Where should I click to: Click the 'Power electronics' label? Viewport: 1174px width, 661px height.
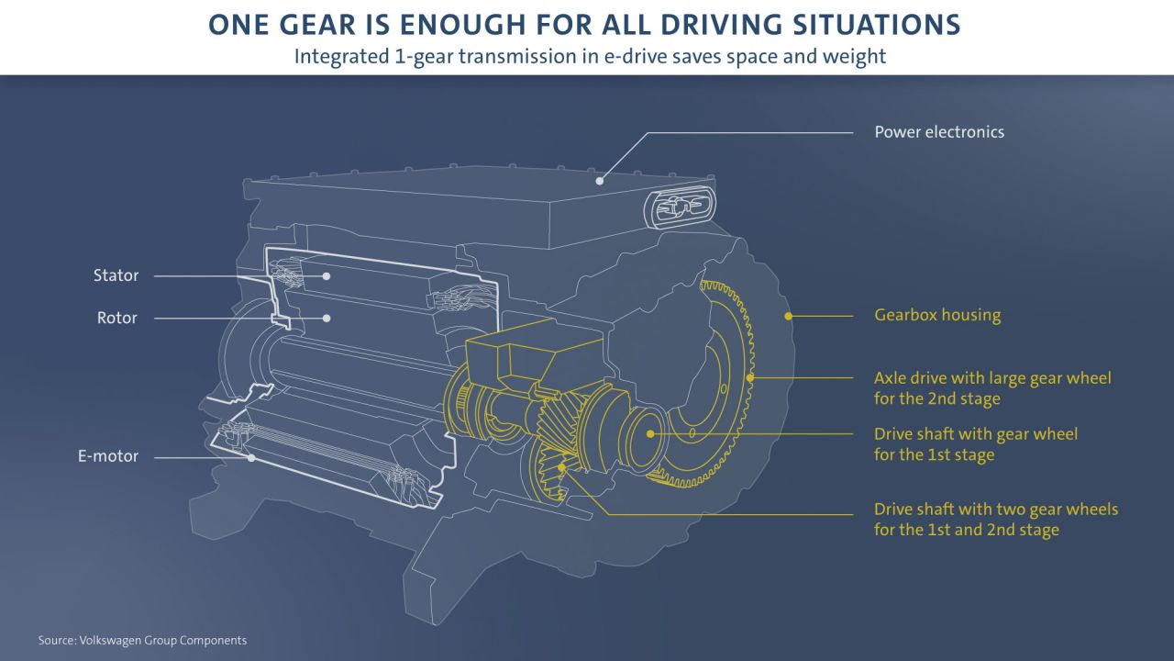coord(938,132)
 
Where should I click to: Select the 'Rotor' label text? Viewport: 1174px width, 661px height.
coord(116,319)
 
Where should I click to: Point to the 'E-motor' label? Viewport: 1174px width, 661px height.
coord(108,456)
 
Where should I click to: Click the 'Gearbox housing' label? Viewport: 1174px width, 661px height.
coord(936,316)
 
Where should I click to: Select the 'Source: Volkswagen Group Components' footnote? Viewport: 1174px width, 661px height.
coord(142,640)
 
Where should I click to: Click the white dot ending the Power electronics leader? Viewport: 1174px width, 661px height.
coord(599,181)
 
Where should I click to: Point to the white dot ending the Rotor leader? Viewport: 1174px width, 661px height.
coord(326,319)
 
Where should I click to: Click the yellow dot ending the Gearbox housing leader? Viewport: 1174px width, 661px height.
coord(787,316)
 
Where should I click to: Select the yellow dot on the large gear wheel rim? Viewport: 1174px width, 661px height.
coord(750,377)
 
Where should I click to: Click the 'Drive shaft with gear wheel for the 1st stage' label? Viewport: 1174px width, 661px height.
coord(975,443)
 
